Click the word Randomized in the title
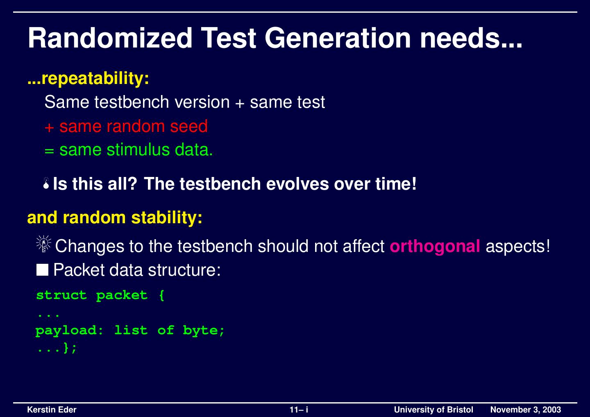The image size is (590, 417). coord(110,38)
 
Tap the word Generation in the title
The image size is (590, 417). coord(338,38)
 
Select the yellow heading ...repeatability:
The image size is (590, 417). coord(88,78)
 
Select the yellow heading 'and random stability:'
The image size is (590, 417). coord(115,218)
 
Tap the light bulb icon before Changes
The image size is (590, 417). coord(43,245)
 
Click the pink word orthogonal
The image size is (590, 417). coord(435,246)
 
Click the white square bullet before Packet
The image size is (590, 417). coord(42,270)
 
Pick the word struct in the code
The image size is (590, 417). coord(61,295)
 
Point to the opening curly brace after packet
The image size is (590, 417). coord(161,295)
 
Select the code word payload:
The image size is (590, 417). coord(70,331)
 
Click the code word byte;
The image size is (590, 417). coord(204,331)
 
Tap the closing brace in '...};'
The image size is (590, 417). coord(66,349)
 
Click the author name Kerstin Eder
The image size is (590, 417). coord(52,410)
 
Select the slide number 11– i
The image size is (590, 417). coord(299,410)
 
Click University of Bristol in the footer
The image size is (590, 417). coord(433,410)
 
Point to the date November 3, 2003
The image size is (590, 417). coord(525,410)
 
